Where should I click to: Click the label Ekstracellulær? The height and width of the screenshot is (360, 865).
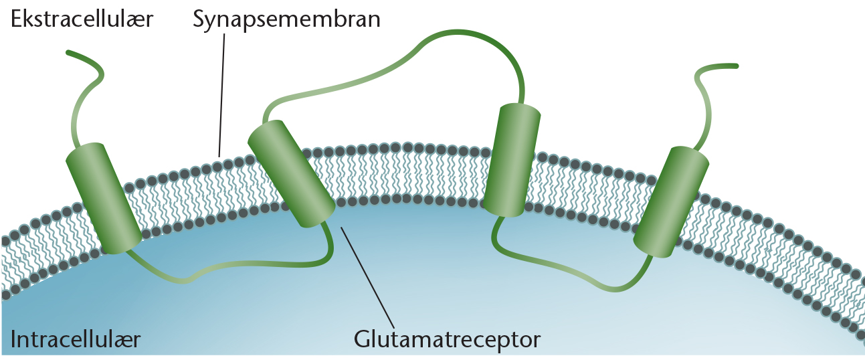tap(82, 19)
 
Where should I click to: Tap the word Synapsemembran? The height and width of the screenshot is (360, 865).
tap(286, 20)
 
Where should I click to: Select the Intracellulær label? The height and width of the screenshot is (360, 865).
tap(76, 339)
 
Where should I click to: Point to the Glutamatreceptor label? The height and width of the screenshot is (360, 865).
tap(447, 340)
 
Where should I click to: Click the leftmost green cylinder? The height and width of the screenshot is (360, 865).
tap(104, 198)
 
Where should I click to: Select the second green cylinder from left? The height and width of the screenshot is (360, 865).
tap(291, 173)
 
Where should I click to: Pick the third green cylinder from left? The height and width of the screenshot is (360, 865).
tap(512, 160)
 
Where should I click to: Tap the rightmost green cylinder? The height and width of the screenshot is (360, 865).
tap(671, 201)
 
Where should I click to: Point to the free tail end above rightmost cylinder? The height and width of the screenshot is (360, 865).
tap(736, 66)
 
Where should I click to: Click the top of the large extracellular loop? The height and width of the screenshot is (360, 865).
tap(460, 32)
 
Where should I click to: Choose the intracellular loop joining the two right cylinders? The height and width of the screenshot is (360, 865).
tap(568, 266)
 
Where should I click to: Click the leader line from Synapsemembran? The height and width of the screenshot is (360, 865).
tap(221, 95)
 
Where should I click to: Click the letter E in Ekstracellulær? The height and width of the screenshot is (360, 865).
tap(16, 19)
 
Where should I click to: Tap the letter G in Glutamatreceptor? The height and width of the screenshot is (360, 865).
tap(361, 339)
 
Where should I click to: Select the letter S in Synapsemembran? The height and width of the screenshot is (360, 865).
tap(198, 19)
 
